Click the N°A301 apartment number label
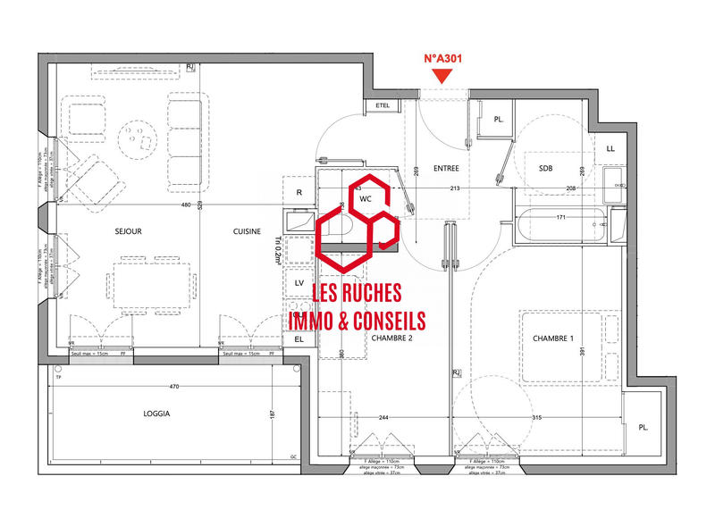pos(443,59)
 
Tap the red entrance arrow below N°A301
pos(443,79)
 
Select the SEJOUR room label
pos(129,231)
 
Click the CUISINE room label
pos(247,231)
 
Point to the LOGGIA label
pos(156,414)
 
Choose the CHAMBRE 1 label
pos(554,338)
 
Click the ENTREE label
pos(446,168)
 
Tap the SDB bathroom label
pos(546,168)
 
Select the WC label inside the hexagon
pos(366,199)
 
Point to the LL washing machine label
pos(610,149)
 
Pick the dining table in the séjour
pos(153,285)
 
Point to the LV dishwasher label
pos(299,282)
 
